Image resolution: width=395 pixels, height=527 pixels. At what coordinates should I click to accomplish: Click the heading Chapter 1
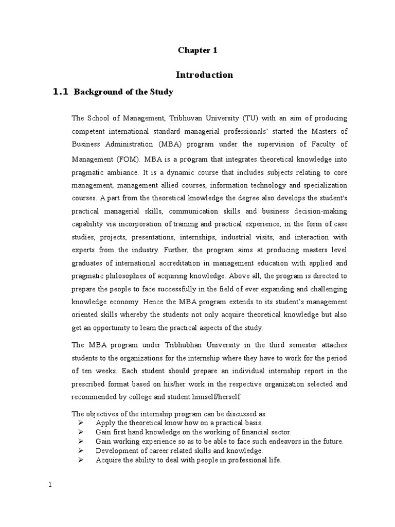[194, 50]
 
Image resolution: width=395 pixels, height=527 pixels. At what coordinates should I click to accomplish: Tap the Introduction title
[204, 75]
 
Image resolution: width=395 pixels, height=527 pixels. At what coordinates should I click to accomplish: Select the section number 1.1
[61, 92]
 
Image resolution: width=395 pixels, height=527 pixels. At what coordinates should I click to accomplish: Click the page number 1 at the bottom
[50, 484]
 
